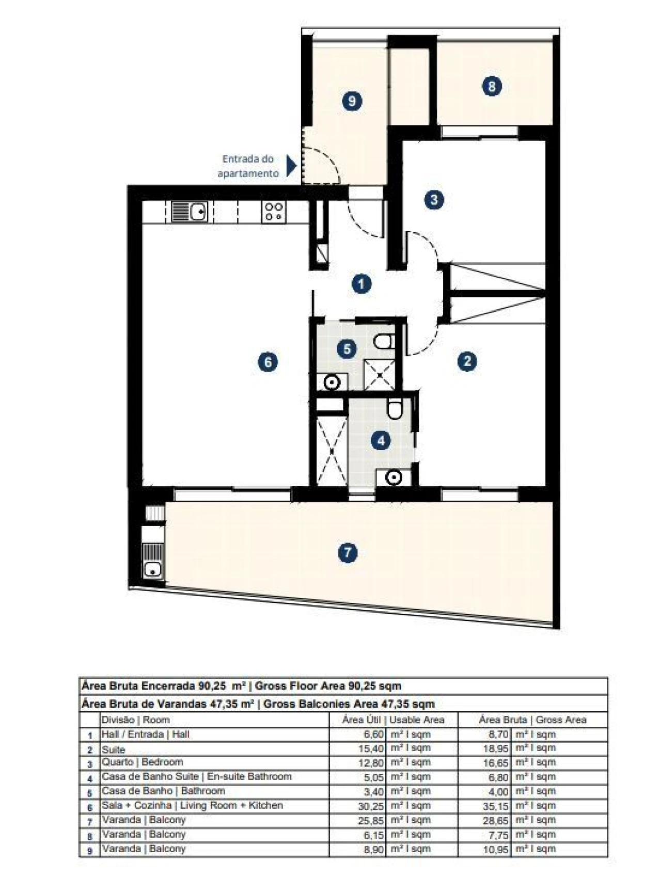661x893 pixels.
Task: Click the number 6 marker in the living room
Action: [x=267, y=362]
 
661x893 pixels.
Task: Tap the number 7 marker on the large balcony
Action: [x=348, y=553]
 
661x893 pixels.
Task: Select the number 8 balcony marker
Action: [x=491, y=86]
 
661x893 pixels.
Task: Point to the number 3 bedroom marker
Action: [x=434, y=199]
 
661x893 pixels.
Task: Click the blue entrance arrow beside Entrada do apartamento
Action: [x=291, y=166]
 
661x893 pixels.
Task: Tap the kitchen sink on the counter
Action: [x=190, y=212]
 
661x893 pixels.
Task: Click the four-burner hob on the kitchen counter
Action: [x=273, y=212]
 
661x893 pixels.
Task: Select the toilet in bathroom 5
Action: [x=384, y=341]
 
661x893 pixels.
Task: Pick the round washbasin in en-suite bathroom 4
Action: [x=394, y=477]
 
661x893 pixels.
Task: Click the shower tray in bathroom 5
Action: [x=380, y=374]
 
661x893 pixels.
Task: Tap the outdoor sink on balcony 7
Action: [x=153, y=569]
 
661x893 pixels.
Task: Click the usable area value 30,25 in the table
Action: [x=371, y=806]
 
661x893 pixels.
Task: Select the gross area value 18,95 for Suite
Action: [x=495, y=748]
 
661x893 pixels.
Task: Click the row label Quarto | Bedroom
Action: [x=143, y=762]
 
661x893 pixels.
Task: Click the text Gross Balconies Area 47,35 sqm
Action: [x=344, y=704]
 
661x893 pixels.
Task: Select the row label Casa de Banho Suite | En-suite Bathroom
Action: [x=196, y=777]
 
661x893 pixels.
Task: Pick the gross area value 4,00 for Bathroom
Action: [x=498, y=791]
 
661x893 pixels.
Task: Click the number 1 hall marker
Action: [x=361, y=283]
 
